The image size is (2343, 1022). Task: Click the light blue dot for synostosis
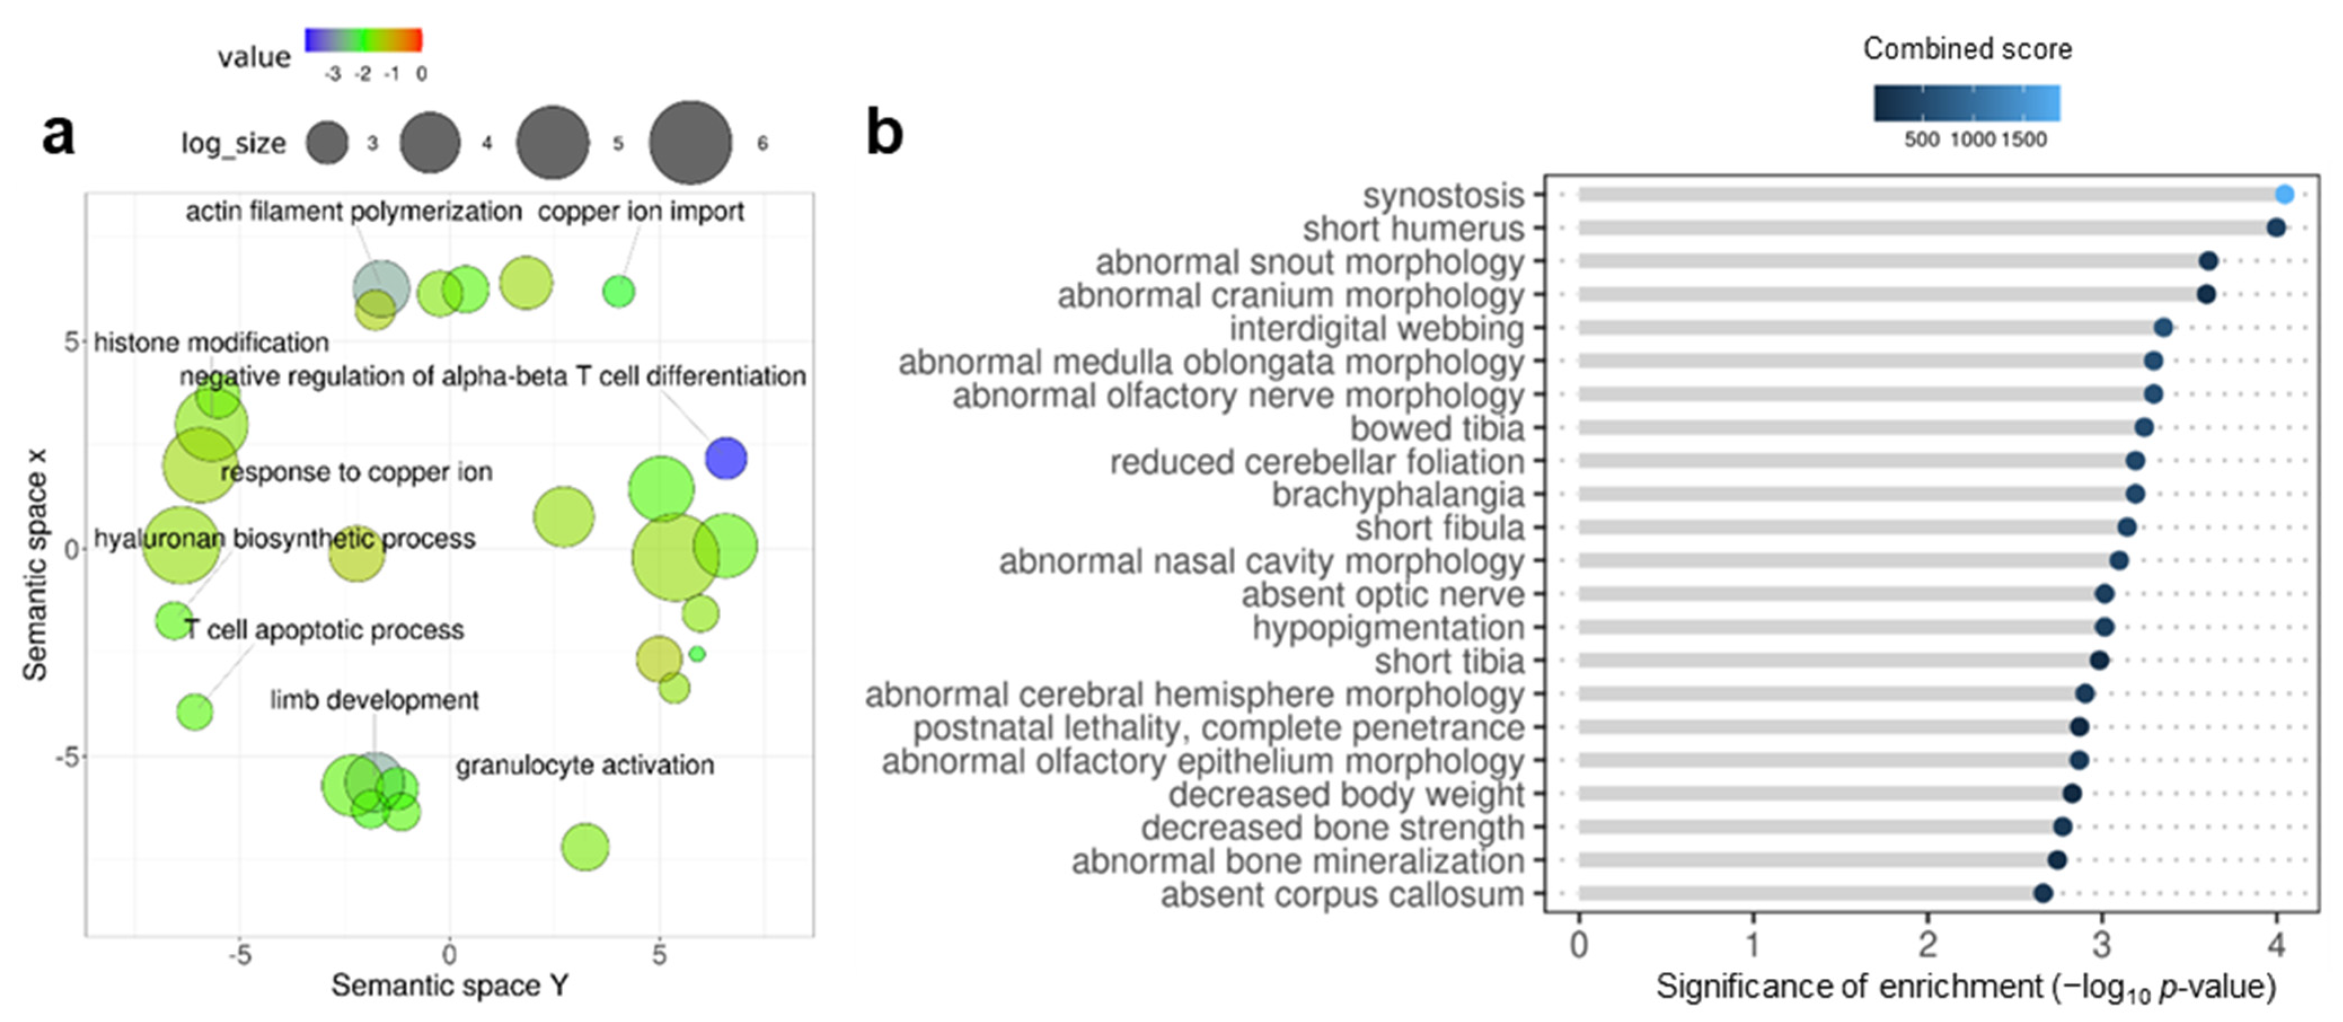coord(2284,194)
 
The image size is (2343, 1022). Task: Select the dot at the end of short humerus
coord(2276,227)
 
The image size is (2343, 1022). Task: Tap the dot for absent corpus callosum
coord(2043,893)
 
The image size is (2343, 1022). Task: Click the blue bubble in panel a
coord(726,458)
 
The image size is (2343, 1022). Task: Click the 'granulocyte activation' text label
coord(584,765)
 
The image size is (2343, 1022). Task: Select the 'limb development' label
coord(374,700)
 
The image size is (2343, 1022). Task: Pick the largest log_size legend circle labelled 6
coord(689,143)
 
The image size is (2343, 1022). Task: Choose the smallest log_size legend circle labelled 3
coord(326,143)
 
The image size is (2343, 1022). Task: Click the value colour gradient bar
coord(363,40)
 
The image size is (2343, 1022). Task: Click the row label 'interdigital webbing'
coord(1376,328)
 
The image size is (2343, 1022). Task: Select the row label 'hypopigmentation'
coord(1388,628)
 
